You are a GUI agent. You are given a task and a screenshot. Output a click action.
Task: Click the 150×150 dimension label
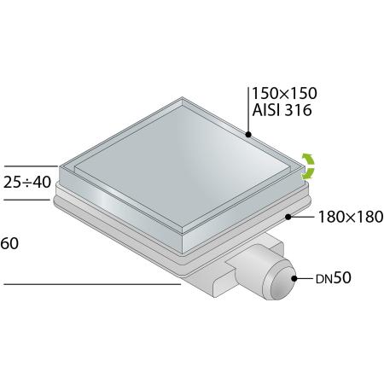click(284, 93)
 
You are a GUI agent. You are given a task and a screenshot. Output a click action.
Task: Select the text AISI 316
click(282, 110)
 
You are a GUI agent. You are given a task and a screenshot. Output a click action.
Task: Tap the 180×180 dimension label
click(351, 217)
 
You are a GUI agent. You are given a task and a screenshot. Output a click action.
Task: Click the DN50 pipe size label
click(334, 278)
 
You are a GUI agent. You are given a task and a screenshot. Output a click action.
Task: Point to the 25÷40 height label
click(27, 182)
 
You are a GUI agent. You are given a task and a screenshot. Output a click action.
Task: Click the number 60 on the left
click(9, 243)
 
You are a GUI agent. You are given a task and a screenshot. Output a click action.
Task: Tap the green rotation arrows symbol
click(308, 166)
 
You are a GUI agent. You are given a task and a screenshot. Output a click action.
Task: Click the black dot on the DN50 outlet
click(294, 278)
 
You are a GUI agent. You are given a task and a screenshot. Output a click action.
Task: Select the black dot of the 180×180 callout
click(288, 217)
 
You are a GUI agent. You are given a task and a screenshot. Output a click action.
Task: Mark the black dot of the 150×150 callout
click(248, 134)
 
